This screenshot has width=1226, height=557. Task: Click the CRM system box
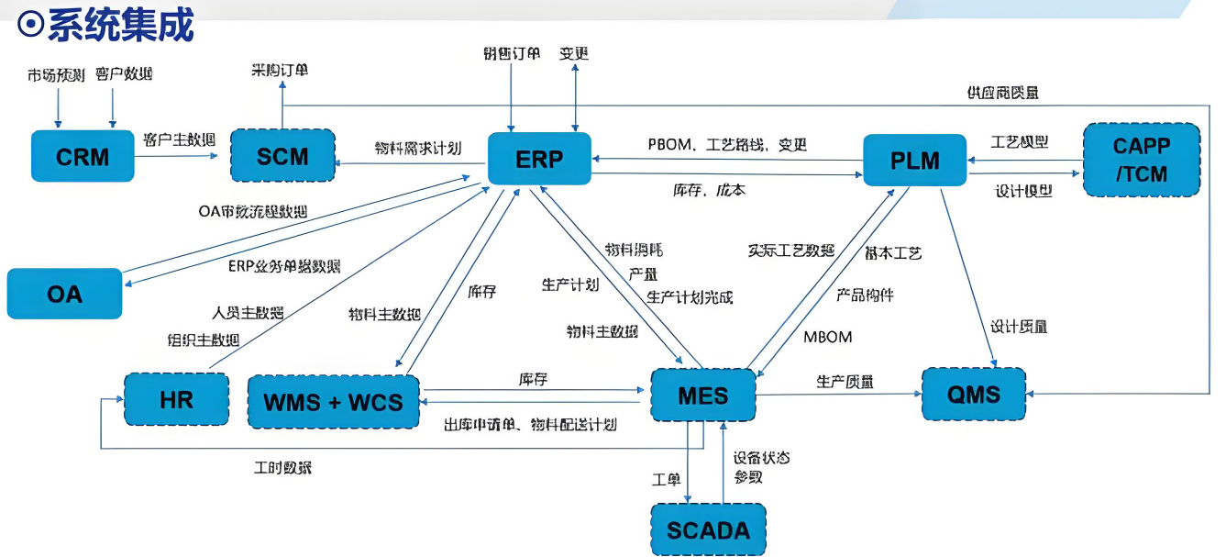click(x=83, y=157)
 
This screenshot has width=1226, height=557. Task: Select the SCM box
click(x=282, y=156)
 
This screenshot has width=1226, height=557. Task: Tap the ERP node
click(x=538, y=159)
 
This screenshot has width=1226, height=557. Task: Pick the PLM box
click(x=914, y=160)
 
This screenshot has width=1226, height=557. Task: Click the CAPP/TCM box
click(x=1141, y=160)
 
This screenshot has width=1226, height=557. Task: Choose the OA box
click(x=64, y=294)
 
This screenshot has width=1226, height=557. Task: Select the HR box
click(x=176, y=400)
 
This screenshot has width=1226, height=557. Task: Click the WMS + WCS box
click(x=333, y=401)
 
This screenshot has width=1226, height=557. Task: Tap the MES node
click(x=702, y=395)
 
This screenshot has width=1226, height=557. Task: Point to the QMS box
click(x=974, y=395)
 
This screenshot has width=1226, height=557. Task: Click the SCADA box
click(x=708, y=529)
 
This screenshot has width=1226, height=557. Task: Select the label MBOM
click(x=827, y=337)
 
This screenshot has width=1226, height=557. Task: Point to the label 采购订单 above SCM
click(x=282, y=70)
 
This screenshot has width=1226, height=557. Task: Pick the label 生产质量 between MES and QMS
click(x=845, y=381)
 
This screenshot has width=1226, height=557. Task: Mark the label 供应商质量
click(x=1002, y=93)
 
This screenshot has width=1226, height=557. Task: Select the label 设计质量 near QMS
click(x=1019, y=326)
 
